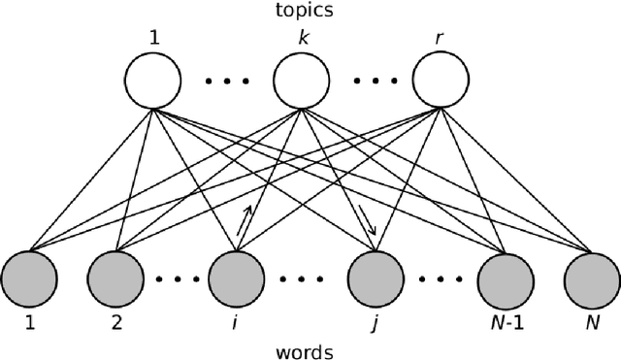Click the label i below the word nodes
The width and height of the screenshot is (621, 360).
point(234,321)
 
